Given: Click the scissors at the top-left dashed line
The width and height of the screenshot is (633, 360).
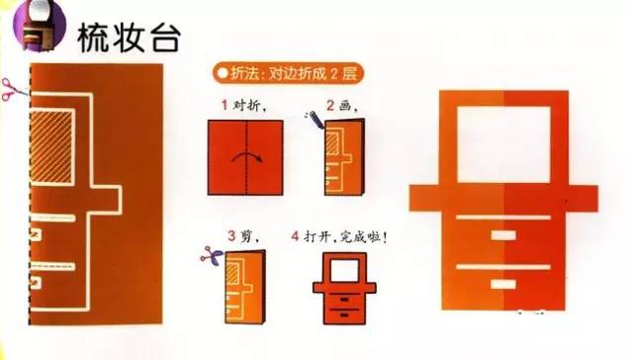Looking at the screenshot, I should pyautogui.click(x=13, y=89).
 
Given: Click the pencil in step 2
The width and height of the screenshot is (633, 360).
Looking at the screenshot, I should pyautogui.click(x=315, y=122).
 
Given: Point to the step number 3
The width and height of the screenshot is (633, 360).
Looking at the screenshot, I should pyautogui.click(x=229, y=237).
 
